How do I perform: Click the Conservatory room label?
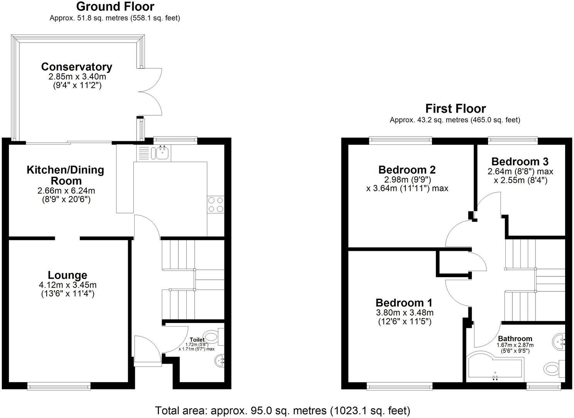[76, 67]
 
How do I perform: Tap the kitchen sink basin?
[162, 153]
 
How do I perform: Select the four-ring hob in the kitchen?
[216, 205]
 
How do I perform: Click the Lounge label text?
[68, 275]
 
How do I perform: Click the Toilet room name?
[197, 340]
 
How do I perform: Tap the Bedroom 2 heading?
[407, 170]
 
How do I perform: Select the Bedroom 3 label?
[520, 161]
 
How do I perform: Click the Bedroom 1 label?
[404, 303]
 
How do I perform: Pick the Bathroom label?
[515, 338]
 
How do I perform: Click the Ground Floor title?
[115, 7]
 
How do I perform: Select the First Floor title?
[455, 108]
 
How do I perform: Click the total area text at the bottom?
[282, 410]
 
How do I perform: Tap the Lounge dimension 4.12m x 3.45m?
[68, 285]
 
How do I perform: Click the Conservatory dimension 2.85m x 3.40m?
[77, 76]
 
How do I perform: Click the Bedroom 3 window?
[512, 139]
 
